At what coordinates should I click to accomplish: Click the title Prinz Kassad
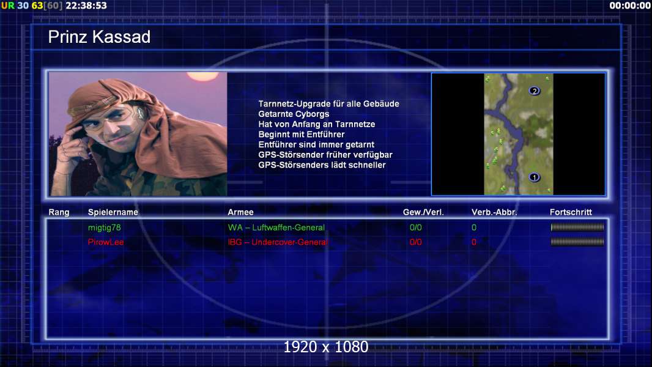pyautogui.click(x=99, y=37)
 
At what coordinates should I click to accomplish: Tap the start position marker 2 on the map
pyautogui.click(x=535, y=91)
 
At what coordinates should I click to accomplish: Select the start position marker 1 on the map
pyautogui.click(x=535, y=177)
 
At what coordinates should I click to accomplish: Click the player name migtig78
pyautogui.click(x=105, y=228)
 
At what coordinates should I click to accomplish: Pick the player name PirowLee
pyautogui.click(x=106, y=242)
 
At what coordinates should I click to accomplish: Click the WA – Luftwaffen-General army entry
pyautogui.click(x=276, y=228)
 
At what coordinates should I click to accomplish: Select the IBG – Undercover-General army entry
pyautogui.click(x=278, y=242)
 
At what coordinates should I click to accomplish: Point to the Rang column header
pyautogui.click(x=59, y=212)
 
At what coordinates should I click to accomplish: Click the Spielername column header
pyautogui.click(x=113, y=212)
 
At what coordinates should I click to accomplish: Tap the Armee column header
pyautogui.click(x=240, y=212)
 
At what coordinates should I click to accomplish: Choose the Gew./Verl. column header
pyautogui.click(x=423, y=212)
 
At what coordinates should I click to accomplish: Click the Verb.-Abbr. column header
pyautogui.click(x=494, y=212)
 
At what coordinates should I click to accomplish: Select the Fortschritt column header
pyautogui.click(x=571, y=212)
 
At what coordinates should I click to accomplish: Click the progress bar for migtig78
pyautogui.click(x=577, y=228)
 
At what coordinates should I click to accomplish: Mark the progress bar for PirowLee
pyautogui.click(x=577, y=242)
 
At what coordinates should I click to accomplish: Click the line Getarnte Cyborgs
pyautogui.click(x=294, y=114)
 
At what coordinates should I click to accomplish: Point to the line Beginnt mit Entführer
pyautogui.click(x=302, y=135)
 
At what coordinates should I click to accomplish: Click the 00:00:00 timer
pyautogui.click(x=629, y=6)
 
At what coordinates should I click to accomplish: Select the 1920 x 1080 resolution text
pyautogui.click(x=325, y=347)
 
